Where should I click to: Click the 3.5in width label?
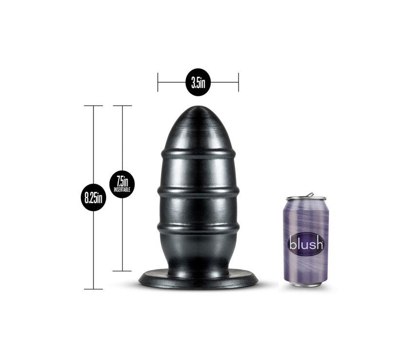click(x=198, y=82)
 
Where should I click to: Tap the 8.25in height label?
click(x=93, y=198)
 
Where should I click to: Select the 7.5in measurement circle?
click(x=122, y=184)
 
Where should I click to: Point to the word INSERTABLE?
click(x=122, y=190)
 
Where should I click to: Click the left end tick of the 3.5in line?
click(x=158, y=82)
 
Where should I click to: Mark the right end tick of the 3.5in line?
click(x=239, y=82)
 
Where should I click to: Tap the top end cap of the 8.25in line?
click(x=93, y=106)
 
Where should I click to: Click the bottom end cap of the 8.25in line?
click(x=93, y=289)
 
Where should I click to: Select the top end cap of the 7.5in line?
click(x=122, y=106)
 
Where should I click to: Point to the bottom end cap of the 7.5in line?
click(x=122, y=271)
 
